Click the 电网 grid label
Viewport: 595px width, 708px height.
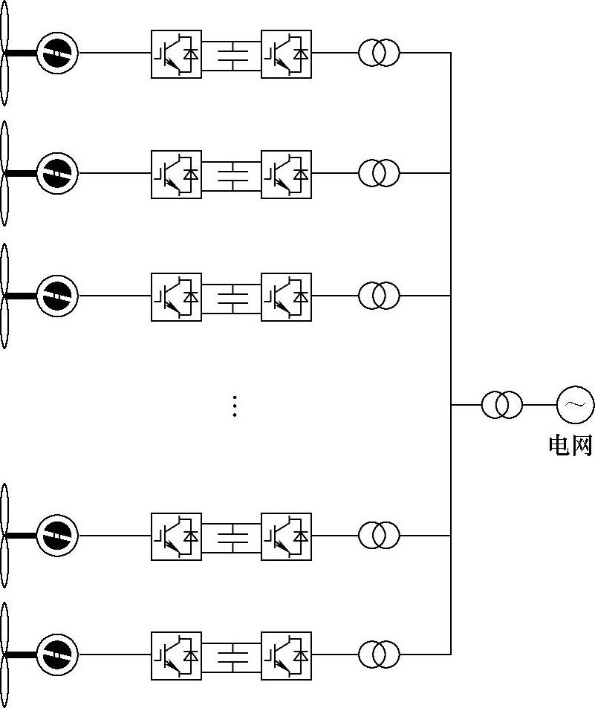570,445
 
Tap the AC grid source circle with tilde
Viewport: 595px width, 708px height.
576,405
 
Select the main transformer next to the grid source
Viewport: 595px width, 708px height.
502,405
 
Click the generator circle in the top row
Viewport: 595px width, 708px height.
57,53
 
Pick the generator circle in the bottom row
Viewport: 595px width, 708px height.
57,655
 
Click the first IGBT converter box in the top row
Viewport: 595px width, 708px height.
176,54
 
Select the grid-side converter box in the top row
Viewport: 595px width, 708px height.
286,54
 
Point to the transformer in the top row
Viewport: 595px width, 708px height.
380,53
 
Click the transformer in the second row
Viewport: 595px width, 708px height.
380,173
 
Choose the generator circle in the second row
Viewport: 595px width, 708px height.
57,173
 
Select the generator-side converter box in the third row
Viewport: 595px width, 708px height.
176,297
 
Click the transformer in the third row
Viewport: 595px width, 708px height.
380,296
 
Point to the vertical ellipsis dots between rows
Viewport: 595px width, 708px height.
235,406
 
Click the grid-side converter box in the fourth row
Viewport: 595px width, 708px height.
286,537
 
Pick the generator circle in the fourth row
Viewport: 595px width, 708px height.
57,536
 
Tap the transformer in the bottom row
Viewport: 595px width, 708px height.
380,655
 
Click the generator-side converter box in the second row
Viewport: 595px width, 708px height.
176,175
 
